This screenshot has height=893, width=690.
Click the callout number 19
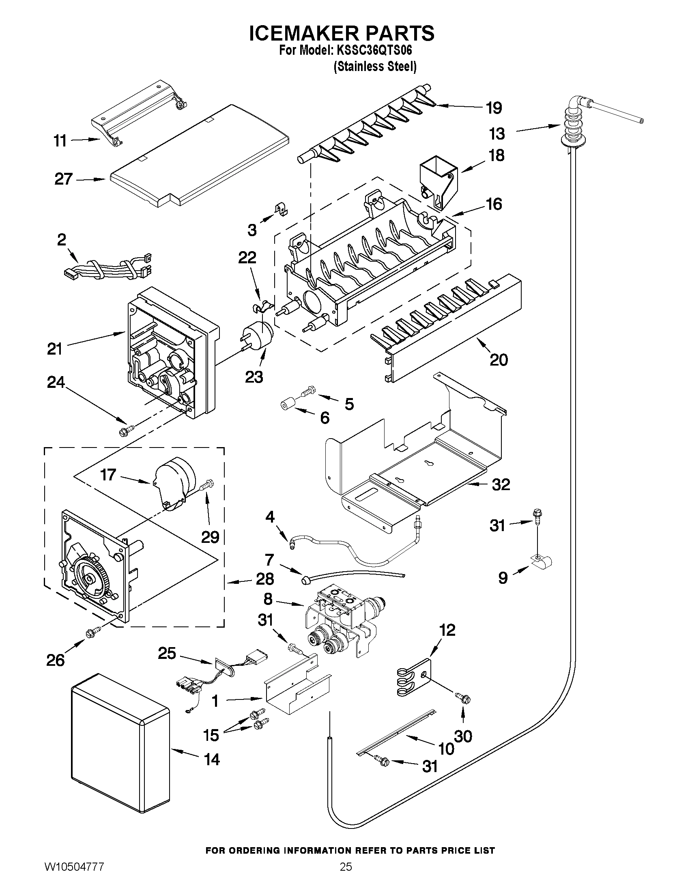(494, 108)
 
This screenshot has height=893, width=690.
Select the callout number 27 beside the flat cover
(63, 179)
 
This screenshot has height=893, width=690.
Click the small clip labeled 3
(281, 210)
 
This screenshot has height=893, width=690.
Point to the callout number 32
(501, 484)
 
